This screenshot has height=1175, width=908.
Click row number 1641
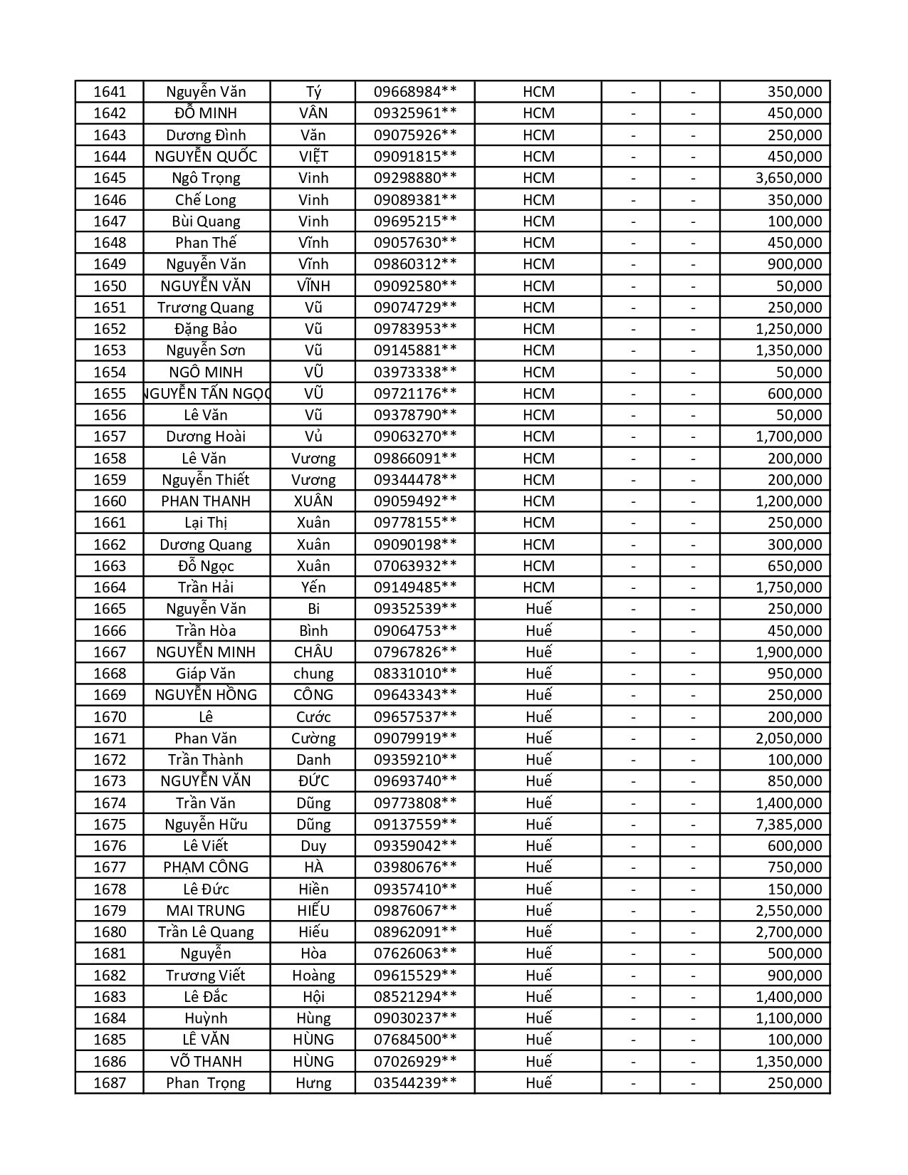(x=109, y=92)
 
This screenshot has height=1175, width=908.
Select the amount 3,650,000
(x=788, y=178)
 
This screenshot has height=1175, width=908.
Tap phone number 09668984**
(x=414, y=92)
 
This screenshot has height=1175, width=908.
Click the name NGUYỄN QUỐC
(x=206, y=157)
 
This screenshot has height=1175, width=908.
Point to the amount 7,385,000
(x=788, y=825)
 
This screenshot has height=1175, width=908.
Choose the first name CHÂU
(x=313, y=652)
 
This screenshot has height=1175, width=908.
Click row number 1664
(x=109, y=587)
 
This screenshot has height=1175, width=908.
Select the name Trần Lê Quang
(x=206, y=932)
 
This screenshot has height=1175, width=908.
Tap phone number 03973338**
(x=414, y=372)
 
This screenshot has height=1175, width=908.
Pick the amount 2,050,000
(x=788, y=738)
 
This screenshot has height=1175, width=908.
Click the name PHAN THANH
(x=206, y=501)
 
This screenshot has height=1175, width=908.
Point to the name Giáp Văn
(x=206, y=674)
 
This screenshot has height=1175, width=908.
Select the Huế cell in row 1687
(x=538, y=1083)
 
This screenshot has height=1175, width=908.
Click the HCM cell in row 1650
(x=538, y=286)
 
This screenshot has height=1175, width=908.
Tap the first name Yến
(x=313, y=587)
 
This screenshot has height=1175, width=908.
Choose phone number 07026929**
(x=414, y=1062)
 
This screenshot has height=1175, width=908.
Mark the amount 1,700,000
(x=788, y=437)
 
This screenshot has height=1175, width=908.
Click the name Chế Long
(x=206, y=200)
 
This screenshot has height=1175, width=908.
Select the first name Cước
(x=313, y=717)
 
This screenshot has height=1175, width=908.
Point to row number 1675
(x=109, y=825)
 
